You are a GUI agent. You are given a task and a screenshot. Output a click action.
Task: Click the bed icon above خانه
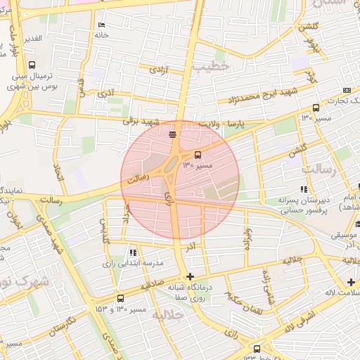pyautogui.click(x=102, y=24)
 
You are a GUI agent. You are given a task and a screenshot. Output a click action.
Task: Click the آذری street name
pyautogui.click(x=105, y=92)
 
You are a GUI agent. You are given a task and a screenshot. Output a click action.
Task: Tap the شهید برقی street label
pyautogui.click(x=138, y=120)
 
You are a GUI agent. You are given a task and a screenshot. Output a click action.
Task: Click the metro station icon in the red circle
pyautogui.click(x=173, y=133)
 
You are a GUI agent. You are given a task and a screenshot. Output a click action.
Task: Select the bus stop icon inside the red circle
pyautogui.click(x=198, y=155)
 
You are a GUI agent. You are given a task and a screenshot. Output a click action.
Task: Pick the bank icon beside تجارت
pyautogui.click(x=347, y=91)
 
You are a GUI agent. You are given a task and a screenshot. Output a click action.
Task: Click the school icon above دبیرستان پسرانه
pyautogui.click(x=304, y=188)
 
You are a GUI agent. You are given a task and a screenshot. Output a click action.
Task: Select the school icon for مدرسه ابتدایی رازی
pyautogui.click(x=134, y=252)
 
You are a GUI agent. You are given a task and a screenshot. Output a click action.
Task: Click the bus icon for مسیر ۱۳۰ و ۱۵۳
pyautogui.click(x=120, y=298)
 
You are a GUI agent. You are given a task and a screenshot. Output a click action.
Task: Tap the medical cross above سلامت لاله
pyautogui.click(x=351, y=282)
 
